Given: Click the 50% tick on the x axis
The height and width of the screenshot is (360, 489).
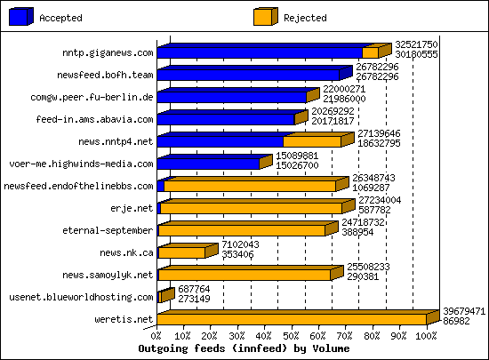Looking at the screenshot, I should click(x=292, y=337).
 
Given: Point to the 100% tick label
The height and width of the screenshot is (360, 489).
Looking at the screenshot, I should click(x=426, y=337).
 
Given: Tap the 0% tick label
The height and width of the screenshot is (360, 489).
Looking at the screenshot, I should click(x=157, y=337).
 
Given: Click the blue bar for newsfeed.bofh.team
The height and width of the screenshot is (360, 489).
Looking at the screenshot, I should click(x=249, y=75).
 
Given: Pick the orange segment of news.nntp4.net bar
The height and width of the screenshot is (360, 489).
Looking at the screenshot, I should click(x=311, y=140).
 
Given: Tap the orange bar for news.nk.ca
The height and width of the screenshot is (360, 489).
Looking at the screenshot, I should click(x=181, y=252).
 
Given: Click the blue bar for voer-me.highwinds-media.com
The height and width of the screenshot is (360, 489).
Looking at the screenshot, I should click(x=208, y=163).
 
